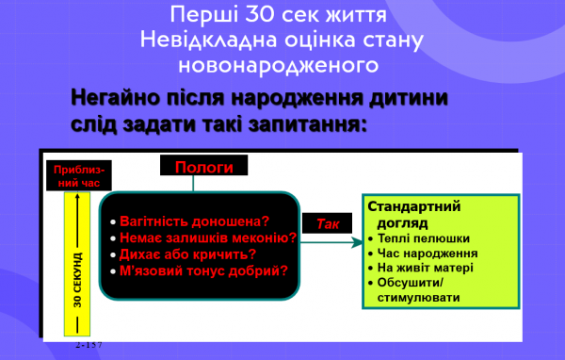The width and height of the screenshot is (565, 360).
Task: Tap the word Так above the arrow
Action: pos(329,224)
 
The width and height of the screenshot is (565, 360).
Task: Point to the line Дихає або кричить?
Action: pos(188,254)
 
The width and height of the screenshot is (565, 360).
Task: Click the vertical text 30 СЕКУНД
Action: pos(77,280)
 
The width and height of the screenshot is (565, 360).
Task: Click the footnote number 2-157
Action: pos(89,346)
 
